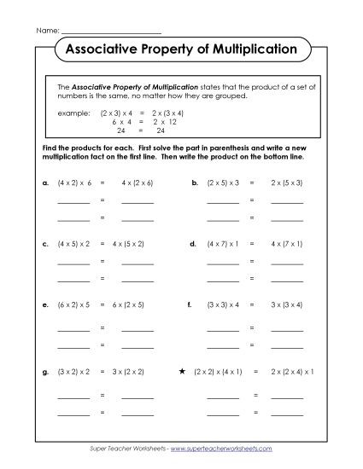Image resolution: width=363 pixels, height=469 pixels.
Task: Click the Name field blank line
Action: pyautogui.click(x=100, y=30)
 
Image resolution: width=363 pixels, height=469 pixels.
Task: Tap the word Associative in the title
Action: pyautogui.click(x=104, y=49)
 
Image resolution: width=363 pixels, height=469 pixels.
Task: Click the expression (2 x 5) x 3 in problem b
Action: pyautogui.click(x=224, y=182)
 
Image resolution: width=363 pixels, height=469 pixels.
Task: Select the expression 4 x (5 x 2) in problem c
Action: pyautogui.click(x=138, y=243)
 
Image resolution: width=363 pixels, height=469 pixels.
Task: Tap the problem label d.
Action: pyautogui.click(x=193, y=243)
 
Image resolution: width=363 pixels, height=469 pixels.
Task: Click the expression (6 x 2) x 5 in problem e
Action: pyautogui.click(x=73, y=304)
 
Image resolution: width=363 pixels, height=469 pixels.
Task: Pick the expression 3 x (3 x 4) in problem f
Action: pyautogui.click(x=287, y=304)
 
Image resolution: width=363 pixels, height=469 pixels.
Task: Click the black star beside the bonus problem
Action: pyautogui.click(x=183, y=372)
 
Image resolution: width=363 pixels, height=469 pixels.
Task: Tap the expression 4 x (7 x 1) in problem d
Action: pyautogui.click(x=287, y=243)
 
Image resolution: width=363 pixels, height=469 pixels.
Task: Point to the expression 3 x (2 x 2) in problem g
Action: pyautogui.click(x=138, y=373)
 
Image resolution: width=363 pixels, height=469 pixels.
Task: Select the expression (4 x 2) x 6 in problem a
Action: pyautogui.click(x=73, y=182)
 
